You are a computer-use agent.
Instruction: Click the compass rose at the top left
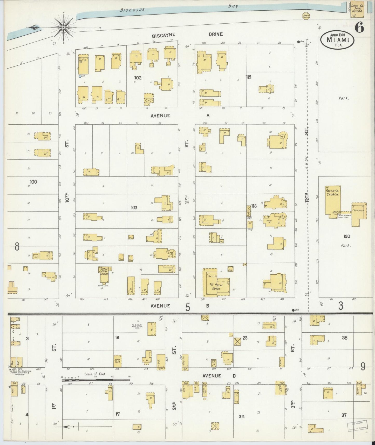pos(64,27)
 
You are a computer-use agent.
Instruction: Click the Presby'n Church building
pos(333,200)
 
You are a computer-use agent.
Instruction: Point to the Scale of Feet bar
pos(96,380)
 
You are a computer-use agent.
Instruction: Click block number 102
pos(138,78)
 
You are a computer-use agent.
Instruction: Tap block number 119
pos(249,77)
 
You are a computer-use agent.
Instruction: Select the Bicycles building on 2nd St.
pos(185,361)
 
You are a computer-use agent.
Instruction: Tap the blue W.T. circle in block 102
pos(80,76)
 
